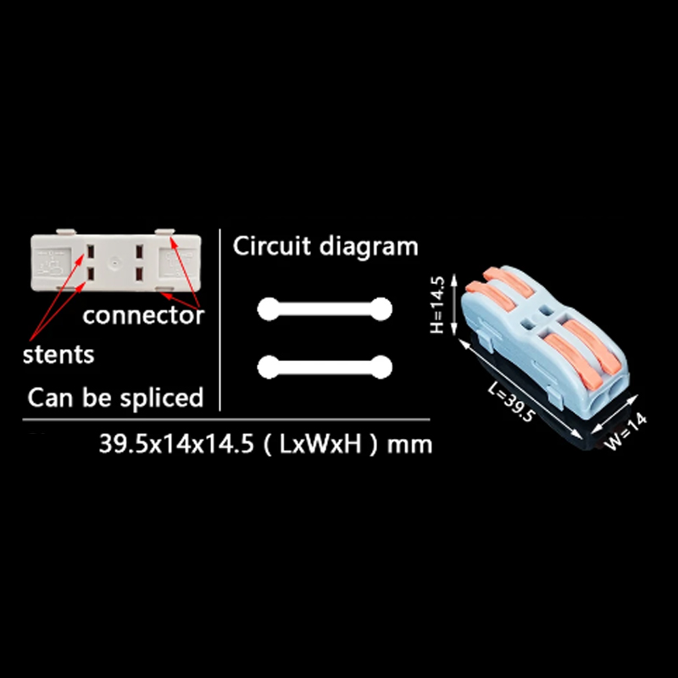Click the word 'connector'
pos(143,315)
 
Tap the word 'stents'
pos(58,355)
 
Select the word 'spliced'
pos(161,398)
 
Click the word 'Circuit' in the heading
pos(272,246)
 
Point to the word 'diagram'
pos(369,247)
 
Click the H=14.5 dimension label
pos(437,304)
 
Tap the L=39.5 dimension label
pos(512,402)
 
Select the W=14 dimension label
pos(625,431)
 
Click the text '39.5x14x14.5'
pos(176,443)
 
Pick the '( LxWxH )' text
pos(320,444)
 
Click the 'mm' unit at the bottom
pos(409,445)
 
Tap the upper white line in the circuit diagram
pos(325,308)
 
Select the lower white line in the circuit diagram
pos(325,367)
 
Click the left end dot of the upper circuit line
pos(269,308)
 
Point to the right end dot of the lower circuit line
pos(381,367)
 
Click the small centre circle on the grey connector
pos(114,262)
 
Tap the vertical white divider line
pos(220,320)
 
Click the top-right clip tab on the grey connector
pos(164,232)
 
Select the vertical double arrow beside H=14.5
pos(454,304)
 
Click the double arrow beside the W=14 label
pos(614,414)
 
